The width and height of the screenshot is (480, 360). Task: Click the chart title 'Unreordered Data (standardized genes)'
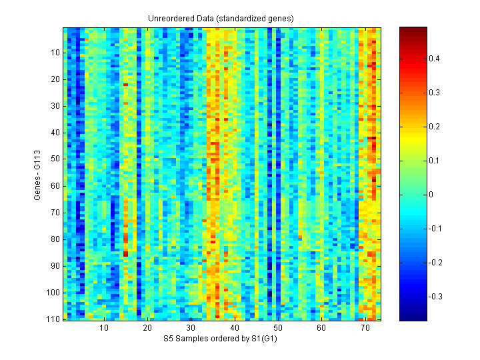click(x=221, y=19)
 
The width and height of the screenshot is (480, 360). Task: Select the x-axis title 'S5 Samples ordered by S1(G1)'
click(x=221, y=339)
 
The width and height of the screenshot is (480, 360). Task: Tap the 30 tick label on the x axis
click(x=191, y=328)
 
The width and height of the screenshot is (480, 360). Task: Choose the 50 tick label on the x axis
click(x=278, y=328)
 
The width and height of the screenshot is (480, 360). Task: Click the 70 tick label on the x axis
click(x=365, y=328)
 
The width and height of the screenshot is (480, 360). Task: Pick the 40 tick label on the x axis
click(x=235, y=328)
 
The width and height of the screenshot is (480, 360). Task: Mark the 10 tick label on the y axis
click(x=55, y=53)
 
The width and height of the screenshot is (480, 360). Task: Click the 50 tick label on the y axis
click(x=55, y=159)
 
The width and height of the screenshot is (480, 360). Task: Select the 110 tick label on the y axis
click(x=53, y=319)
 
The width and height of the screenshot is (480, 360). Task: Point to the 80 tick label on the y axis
click(x=55, y=239)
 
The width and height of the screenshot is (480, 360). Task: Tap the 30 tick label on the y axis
click(x=55, y=106)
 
